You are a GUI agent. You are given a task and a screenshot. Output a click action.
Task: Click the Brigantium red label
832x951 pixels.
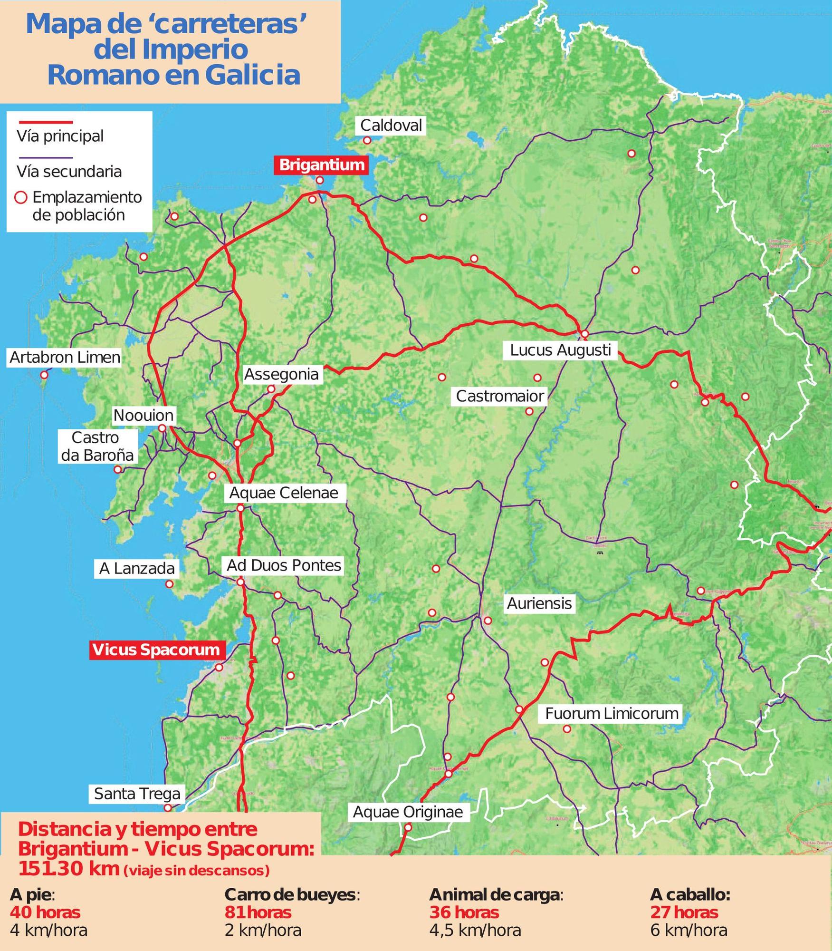(322, 165)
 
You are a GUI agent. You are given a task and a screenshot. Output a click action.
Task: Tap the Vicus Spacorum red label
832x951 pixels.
(156, 650)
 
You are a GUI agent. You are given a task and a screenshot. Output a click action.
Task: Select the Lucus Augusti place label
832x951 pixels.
(560, 350)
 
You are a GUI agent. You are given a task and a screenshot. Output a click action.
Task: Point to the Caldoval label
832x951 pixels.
(391, 126)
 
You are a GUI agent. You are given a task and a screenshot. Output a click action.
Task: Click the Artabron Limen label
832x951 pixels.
(65, 358)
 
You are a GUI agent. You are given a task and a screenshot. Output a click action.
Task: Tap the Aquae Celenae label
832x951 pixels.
(284, 493)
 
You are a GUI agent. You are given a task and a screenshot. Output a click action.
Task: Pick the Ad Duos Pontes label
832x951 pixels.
(284, 565)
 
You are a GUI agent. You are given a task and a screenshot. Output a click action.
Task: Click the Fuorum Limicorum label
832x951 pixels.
(612, 713)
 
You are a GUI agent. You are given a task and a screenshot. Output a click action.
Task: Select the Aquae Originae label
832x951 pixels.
(408, 812)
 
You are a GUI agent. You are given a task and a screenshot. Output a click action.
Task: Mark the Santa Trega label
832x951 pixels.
(137, 794)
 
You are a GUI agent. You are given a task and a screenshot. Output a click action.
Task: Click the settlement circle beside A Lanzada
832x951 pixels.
(169, 584)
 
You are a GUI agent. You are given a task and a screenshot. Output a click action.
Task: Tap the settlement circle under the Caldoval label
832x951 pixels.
(367, 141)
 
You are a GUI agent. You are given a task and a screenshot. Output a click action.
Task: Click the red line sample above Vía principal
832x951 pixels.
(45, 123)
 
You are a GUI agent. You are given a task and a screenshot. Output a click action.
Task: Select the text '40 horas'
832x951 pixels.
(45, 912)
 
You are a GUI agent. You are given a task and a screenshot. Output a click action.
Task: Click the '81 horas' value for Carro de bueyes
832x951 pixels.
(258, 912)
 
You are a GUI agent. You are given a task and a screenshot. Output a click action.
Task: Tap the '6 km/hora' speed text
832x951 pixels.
(689, 931)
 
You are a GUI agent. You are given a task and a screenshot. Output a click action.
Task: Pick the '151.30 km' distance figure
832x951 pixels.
(69, 868)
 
